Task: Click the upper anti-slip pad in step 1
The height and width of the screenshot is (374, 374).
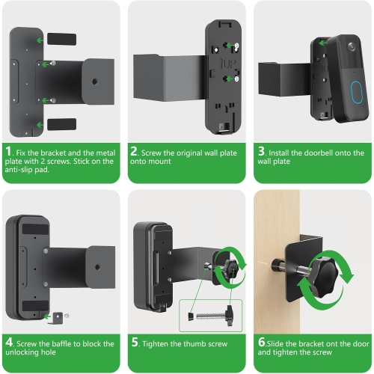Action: (61, 37)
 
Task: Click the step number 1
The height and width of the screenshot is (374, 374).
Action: (10, 153)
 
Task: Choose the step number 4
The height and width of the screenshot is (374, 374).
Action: (10, 344)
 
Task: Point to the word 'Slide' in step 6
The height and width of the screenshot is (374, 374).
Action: (278, 344)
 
